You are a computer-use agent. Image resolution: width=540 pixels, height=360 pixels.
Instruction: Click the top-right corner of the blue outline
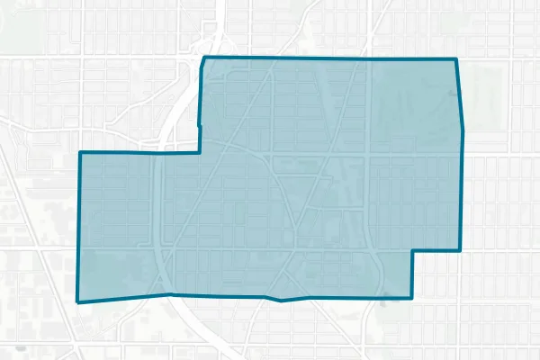pyautogui.click(x=456, y=59)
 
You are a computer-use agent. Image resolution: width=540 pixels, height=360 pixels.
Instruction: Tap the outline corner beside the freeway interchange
pyautogui.click(x=204, y=58)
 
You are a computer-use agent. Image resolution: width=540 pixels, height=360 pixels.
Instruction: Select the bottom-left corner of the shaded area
pyautogui.click(x=78, y=302)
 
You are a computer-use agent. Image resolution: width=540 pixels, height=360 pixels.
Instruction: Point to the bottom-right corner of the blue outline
pyautogui.click(x=412, y=297)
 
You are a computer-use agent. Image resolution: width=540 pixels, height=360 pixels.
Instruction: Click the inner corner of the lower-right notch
pyautogui.click(x=413, y=250)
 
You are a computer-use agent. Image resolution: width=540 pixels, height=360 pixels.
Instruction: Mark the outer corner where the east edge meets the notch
pyautogui.click(x=460, y=249)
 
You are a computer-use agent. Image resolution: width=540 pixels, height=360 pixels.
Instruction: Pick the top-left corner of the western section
pyautogui.click(x=80, y=153)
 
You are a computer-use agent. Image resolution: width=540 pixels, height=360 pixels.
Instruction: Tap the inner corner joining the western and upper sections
pyautogui.click(x=200, y=152)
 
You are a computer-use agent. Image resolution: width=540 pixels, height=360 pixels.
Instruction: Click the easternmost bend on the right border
pyautogui.click(x=463, y=130)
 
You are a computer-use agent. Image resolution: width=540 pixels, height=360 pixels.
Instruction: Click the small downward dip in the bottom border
pyautogui.click(x=282, y=301)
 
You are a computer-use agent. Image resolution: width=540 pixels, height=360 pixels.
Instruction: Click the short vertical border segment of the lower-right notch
pyautogui.click(x=413, y=274)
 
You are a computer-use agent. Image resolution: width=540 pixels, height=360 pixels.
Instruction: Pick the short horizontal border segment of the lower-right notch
pyautogui.click(x=436, y=250)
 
